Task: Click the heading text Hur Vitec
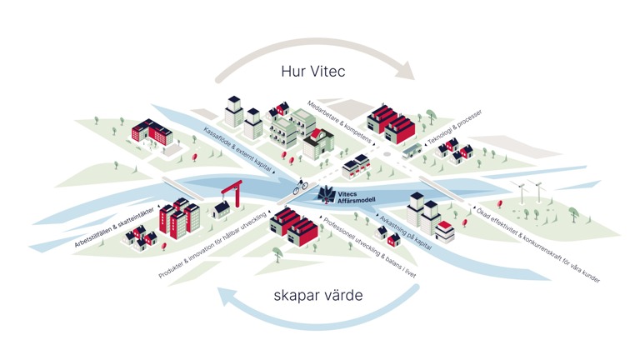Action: point(313,72)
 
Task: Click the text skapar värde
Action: point(318,295)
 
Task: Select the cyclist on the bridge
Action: point(300,186)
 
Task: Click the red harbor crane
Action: point(232,192)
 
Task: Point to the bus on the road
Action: point(412,151)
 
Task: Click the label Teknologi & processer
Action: point(454,127)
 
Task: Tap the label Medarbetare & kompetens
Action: point(340,122)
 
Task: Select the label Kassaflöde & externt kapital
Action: point(237,152)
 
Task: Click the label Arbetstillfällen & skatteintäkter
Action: point(114,227)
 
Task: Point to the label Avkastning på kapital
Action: point(405,232)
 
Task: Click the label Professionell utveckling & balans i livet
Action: point(369,247)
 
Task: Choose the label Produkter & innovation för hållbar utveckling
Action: point(212,245)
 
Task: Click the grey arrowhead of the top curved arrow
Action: point(406,70)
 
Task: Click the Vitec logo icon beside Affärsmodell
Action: point(327,194)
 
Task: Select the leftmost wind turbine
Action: point(521,192)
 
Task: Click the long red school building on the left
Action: point(152,132)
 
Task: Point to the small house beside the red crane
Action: point(221,209)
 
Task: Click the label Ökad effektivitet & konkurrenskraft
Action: point(538,246)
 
